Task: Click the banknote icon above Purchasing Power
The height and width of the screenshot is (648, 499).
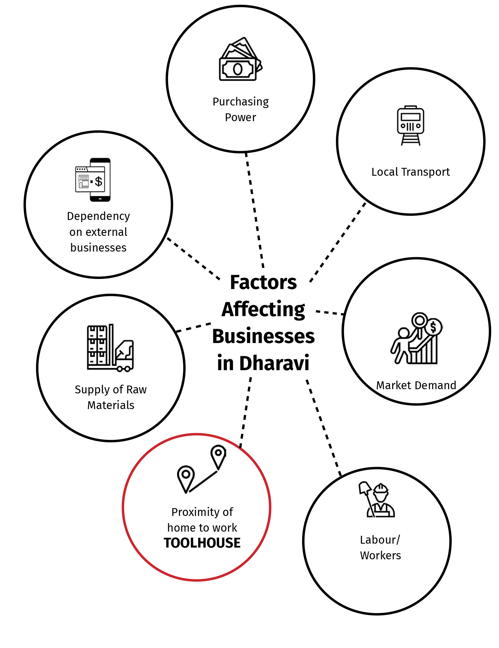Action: click(240, 59)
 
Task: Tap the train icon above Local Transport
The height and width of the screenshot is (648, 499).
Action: click(410, 125)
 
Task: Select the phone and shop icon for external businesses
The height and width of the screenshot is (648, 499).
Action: click(93, 180)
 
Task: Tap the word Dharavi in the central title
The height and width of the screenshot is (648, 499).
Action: click(274, 363)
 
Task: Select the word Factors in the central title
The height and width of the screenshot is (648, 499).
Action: click(263, 282)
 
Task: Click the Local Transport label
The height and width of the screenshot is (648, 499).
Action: click(410, 172)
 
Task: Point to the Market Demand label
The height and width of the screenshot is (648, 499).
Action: click(416, 385)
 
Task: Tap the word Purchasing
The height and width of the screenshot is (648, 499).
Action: click(241, 102)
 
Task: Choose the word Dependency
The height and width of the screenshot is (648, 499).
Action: click(98, 216)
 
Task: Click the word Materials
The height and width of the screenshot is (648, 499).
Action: click(110, 405)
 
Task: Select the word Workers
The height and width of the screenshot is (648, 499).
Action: click(380, 555)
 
